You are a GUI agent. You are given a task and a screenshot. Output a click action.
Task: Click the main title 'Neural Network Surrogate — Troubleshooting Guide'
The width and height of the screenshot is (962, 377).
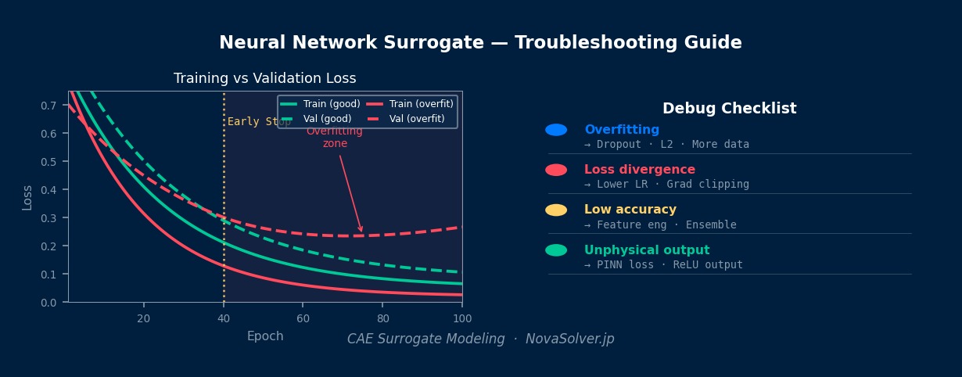click(480, 43)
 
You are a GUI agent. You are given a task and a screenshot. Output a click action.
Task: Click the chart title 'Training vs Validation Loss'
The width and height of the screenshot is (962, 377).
click(264, 78)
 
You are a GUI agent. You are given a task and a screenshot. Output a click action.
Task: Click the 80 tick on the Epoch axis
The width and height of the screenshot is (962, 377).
click(382, 318)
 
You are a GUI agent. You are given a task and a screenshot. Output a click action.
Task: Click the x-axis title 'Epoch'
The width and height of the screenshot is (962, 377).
click(265, 336)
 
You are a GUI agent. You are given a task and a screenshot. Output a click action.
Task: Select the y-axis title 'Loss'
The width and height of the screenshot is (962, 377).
click(27, 197)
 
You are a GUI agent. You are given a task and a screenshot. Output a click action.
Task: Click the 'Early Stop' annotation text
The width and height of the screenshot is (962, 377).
click(258, 122)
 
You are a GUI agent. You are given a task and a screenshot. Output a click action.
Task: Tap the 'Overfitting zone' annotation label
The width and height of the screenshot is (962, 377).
click(335, 138)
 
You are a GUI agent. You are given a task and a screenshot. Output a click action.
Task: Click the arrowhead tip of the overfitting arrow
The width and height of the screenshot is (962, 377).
click(361, 232)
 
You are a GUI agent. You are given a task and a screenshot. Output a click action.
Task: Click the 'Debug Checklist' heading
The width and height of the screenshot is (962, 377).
click(729, 109)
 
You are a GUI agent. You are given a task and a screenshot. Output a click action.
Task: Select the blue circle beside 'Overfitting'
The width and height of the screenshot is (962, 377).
click(556, 130)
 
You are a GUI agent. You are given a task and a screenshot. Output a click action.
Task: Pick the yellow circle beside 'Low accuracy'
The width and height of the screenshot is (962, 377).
click(556, 210)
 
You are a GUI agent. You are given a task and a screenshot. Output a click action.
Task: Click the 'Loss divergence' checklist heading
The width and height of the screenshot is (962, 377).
click(639, 170)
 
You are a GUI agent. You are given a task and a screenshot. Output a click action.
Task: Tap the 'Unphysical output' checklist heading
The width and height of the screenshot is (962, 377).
click(647, 250)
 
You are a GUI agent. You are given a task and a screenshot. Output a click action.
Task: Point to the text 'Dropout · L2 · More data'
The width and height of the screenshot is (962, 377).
click(672, 145)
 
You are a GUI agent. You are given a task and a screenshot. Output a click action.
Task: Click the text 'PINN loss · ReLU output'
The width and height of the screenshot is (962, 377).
click(669, 265)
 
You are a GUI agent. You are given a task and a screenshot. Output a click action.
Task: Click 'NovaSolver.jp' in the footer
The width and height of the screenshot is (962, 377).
click(569, 339)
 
